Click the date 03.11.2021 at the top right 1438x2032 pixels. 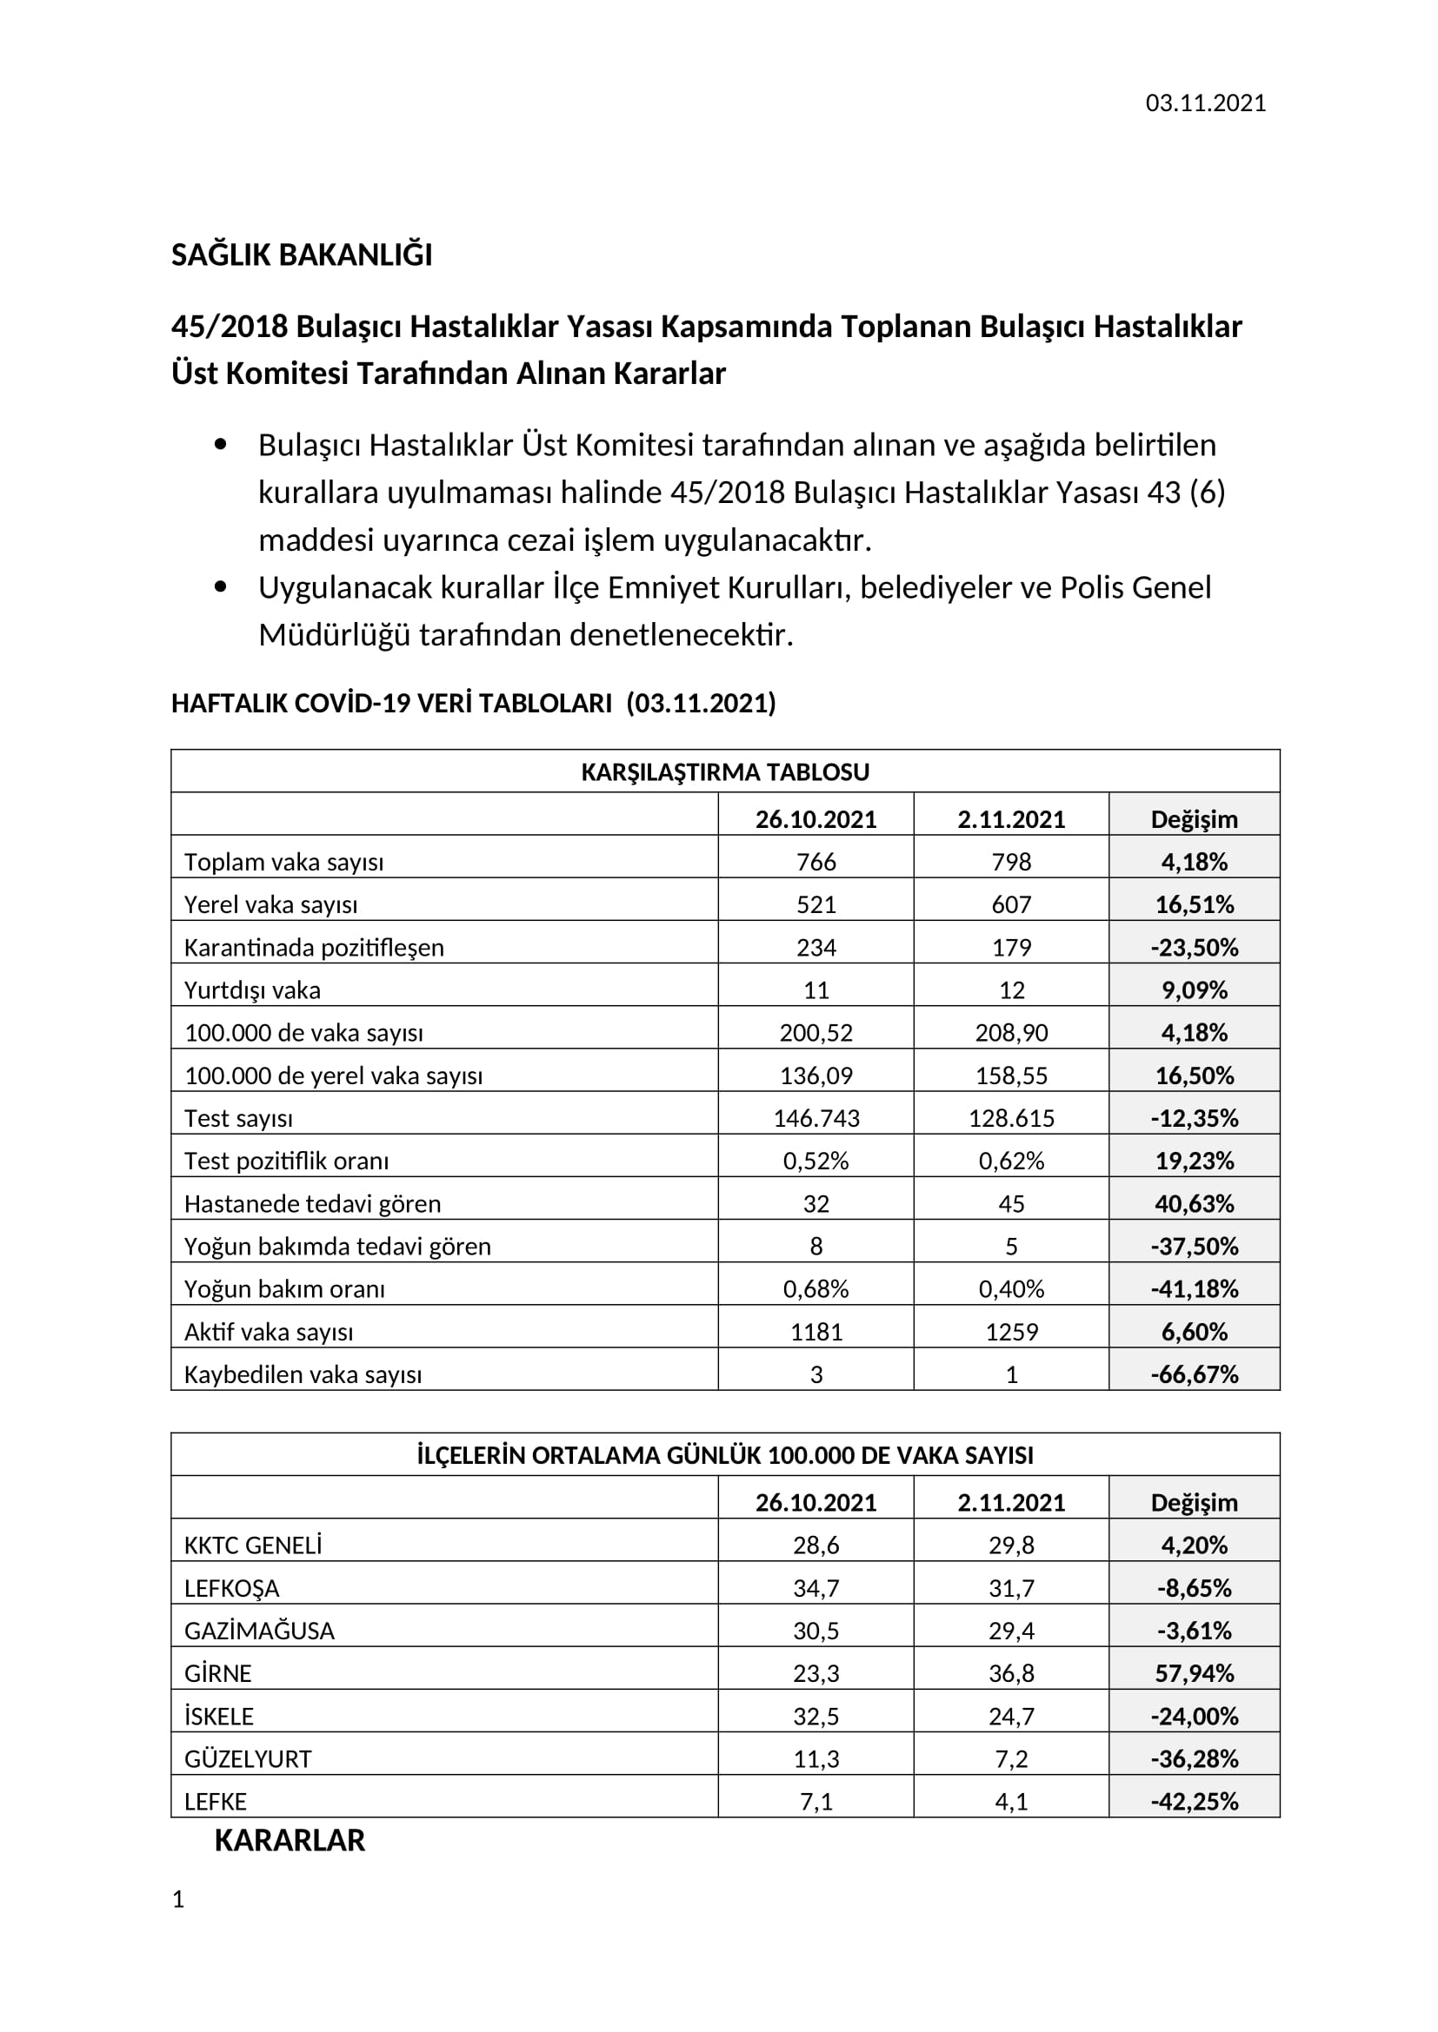pyautogui.click(x=1205, y=103)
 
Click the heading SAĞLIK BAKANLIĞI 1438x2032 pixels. pyautogui.click(x=301, y=255)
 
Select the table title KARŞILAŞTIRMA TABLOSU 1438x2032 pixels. pyautogui.click(x=724, y=771)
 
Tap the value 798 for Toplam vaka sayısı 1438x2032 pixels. pyautogui.click(x=1010, y=862)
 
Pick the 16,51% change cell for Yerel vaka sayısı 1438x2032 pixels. pyautogui.click(x=1194, y=904)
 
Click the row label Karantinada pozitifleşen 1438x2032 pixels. pyautogui.click(x=314, y=948)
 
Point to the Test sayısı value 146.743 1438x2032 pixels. pyautogui.click(x=816, y=1119)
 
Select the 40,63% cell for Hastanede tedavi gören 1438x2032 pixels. pyautogui.click(x=1194, y=1203)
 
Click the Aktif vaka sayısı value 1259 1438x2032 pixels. pyautogui.click(x=1010, y=1332)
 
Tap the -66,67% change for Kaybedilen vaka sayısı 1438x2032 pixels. pyautogui.click(x=1194, y=1374)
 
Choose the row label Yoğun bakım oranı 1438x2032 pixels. pyautogui.click(x=284, y=1289)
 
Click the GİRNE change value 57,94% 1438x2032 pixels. pyautogui.click(x=1194, y=1673)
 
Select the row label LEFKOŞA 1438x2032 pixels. pyautogui.click(x=231, y=1589)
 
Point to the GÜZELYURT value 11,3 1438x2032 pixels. pyautogui.click(x=816, y=1759)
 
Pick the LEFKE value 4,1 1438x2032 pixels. pyautogui.click(x=1010, y=1802)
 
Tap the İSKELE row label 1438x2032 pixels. pyautogui.click(x=219, y=1717)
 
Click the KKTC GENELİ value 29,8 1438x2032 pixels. pyautogui.click(x=1010, y=1546)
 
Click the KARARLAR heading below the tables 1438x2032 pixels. pyautogui.click(x=290, y=1841)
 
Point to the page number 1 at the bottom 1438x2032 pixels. pyautogui.click(x=178, y=1899)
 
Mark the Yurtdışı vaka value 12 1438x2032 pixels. pyautogui.click(x=1010, y=990)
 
